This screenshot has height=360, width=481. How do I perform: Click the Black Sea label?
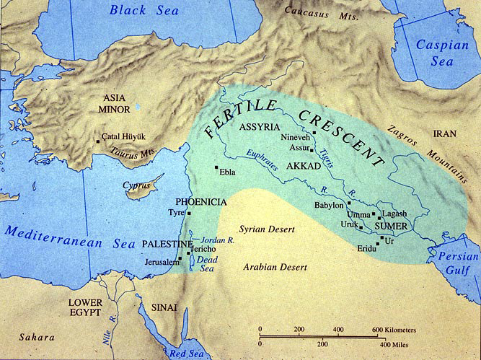click(139, 11)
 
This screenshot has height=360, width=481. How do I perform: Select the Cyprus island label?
click(136, 185)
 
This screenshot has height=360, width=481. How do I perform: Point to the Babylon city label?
click(329, 205)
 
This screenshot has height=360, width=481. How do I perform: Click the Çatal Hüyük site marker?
click(98, 141)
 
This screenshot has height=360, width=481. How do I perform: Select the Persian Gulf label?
click(454, 258)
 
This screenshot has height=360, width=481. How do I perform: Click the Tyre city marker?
click(189, 214)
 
